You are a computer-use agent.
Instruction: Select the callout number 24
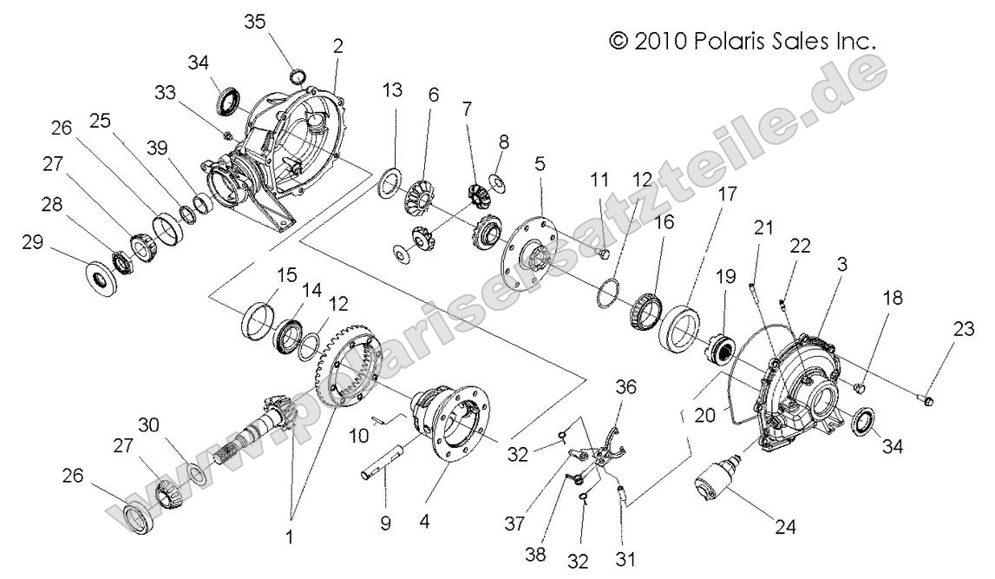pyautogui.click(x=786, y=526)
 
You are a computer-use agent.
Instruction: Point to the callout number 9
pyautogui.click(x=385, y=523)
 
